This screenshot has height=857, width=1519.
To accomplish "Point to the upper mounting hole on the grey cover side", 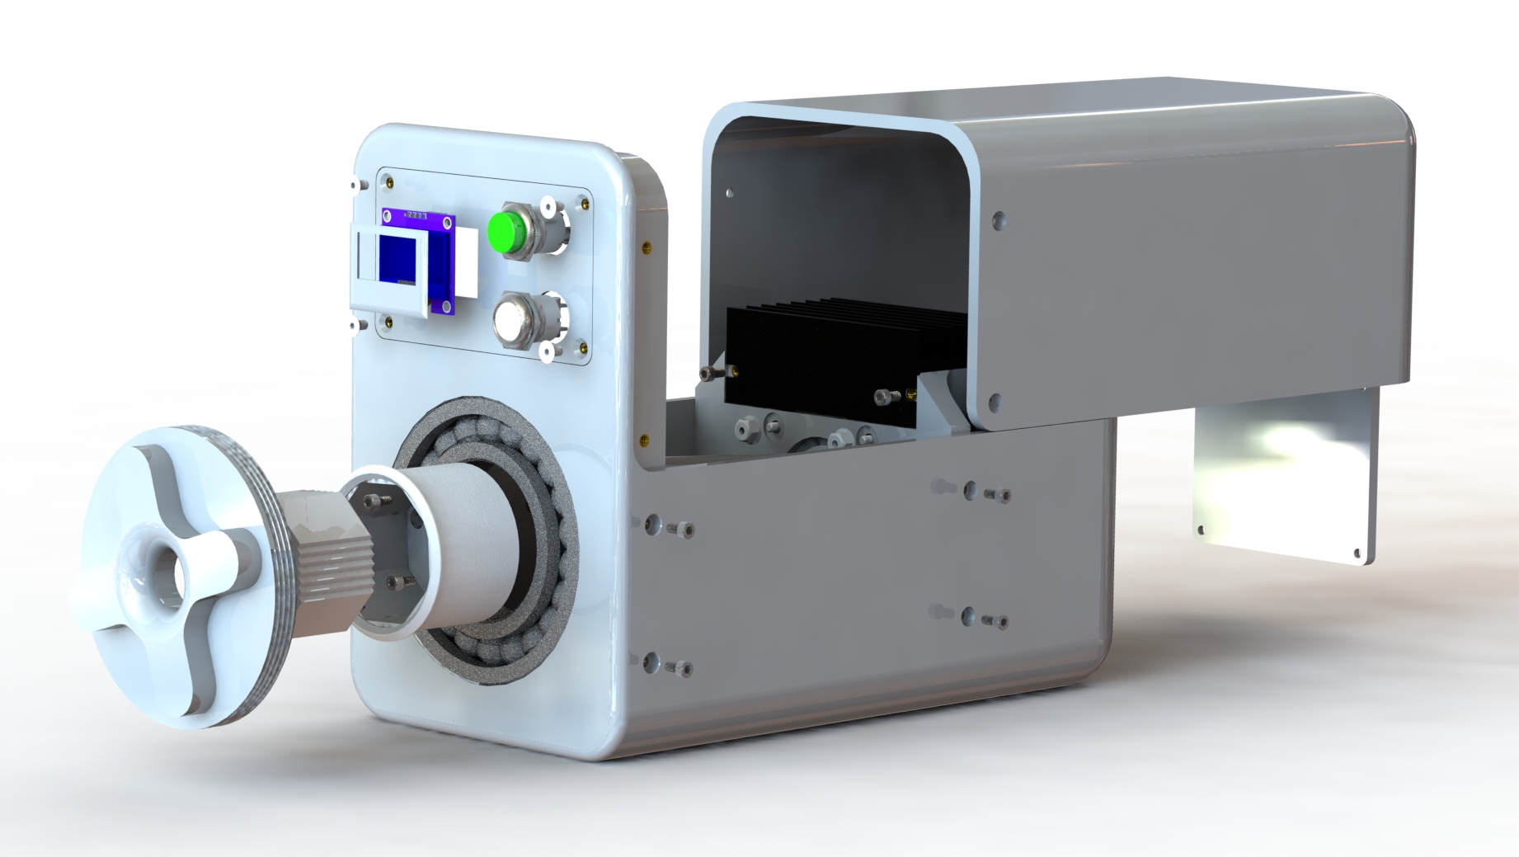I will coord(999,220).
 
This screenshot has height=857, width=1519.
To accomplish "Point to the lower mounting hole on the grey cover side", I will coord(995,403).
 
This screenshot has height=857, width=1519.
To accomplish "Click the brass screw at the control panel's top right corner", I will coord(585,201).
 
